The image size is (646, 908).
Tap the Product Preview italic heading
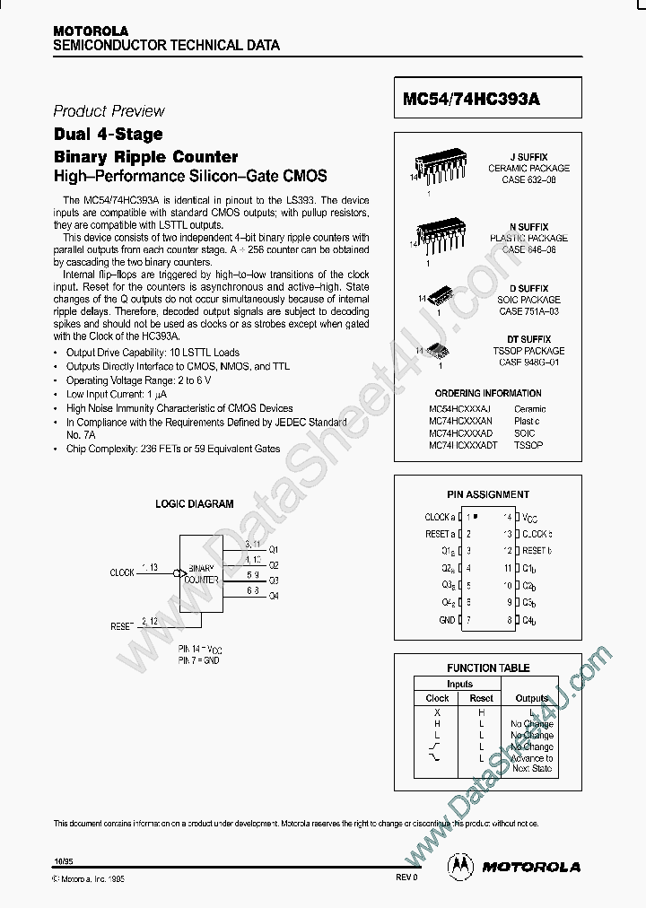point(109,111)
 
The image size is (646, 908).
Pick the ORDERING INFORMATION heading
point(487,393)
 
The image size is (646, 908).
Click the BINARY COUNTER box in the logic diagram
point(201,573)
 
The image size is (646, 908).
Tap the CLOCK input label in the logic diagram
point(122,572)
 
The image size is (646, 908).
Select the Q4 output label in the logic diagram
point(274,595)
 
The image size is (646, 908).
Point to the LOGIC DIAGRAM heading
point(194,504)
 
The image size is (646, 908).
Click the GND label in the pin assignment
point(446,620)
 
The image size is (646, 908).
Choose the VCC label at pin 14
point(530,518)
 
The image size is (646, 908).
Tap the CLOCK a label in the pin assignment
point(439,517)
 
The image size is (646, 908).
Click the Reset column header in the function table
point(481,697)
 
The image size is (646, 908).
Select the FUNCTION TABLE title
point(488,668)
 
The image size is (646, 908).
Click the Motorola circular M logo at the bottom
point(460,866)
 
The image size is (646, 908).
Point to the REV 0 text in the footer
point(406,877)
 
